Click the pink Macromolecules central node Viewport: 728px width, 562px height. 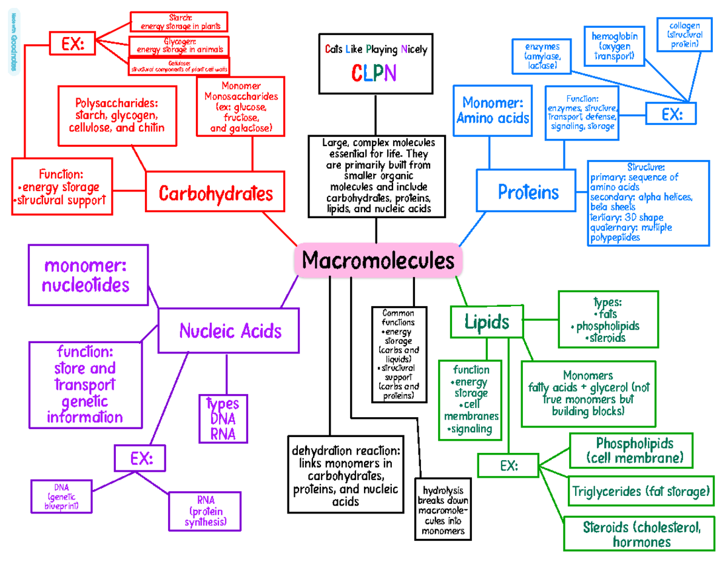click(377, 261)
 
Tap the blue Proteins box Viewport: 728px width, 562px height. click(528, 192)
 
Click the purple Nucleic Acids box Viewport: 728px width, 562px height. click(229, 330)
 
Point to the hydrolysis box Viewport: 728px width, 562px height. click(442, 510)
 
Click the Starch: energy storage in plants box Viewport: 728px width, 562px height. click(179, 21)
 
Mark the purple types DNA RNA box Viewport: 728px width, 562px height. click(223, 418)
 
